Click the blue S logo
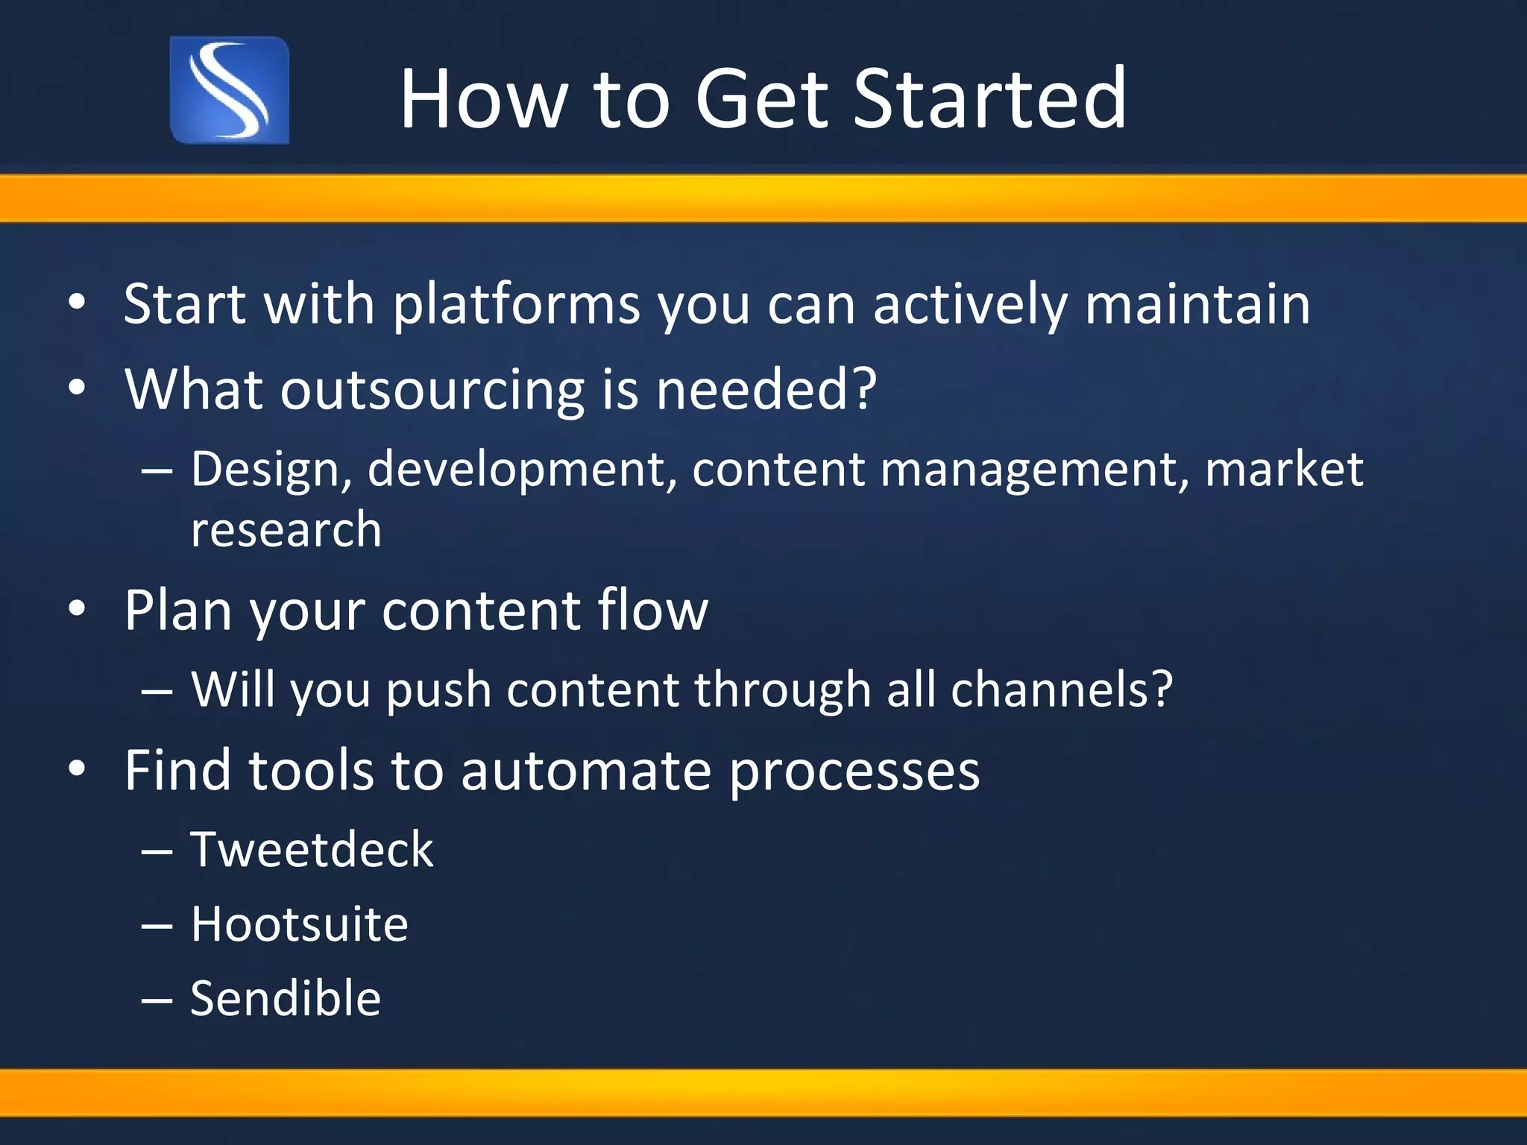point(229,90)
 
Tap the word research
point(286,529)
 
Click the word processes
point(854,772)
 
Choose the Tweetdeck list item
point(312,849)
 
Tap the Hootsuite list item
point(299,924)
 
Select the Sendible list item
point(286,998)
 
